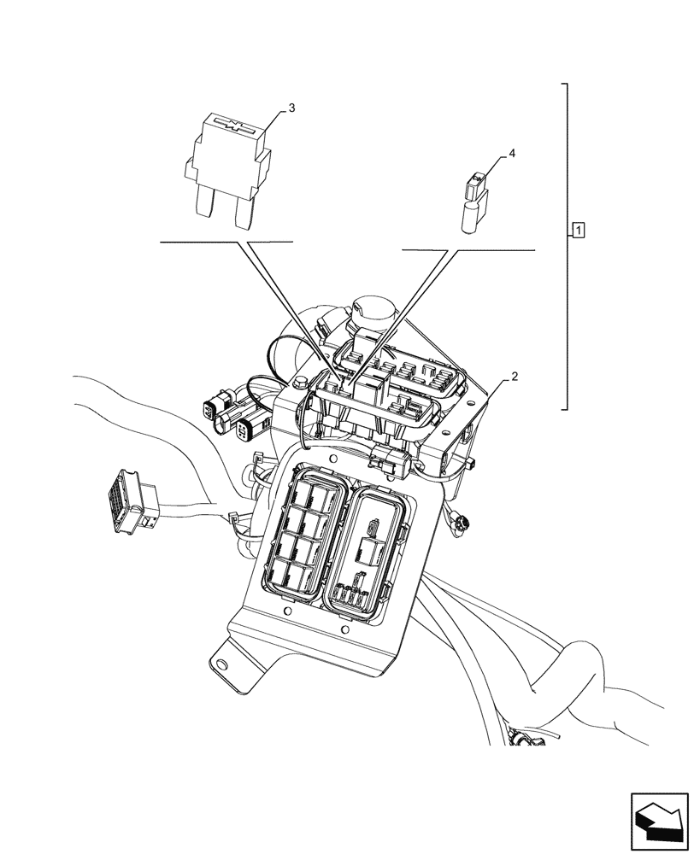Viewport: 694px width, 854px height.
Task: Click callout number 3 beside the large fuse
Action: pyautogui.click(x=291, y=108)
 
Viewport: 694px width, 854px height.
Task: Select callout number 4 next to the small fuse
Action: pyautogui.click(x=512, y=153)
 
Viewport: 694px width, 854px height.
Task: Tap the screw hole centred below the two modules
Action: pyautogui.click(x=344, y=629)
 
